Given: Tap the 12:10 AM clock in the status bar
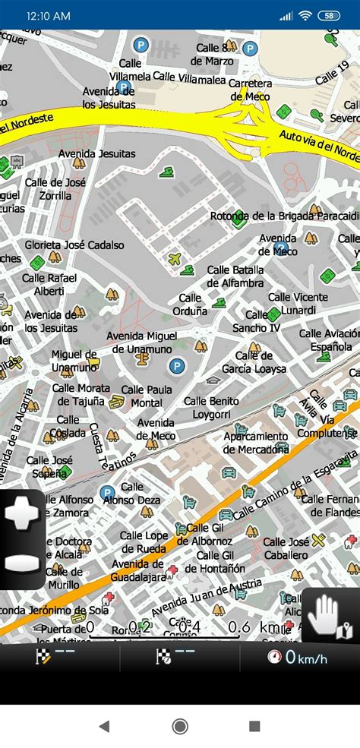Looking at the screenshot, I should [48, 15].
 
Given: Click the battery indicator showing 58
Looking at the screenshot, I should [329, 15].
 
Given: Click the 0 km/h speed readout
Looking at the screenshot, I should [298, 658].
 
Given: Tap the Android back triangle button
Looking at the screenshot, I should [104, 726].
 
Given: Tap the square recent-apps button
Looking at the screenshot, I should [254, 726].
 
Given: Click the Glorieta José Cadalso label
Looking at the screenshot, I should [74, 245].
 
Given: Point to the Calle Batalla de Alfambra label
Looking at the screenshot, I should [235, 277].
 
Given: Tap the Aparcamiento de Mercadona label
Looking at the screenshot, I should [256, 443].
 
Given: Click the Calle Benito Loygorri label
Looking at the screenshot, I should [211, 408].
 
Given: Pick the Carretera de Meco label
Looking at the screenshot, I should [250, 90].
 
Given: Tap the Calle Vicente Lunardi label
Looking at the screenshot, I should [298, 304].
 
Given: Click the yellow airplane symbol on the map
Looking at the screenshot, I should [175, 259].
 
